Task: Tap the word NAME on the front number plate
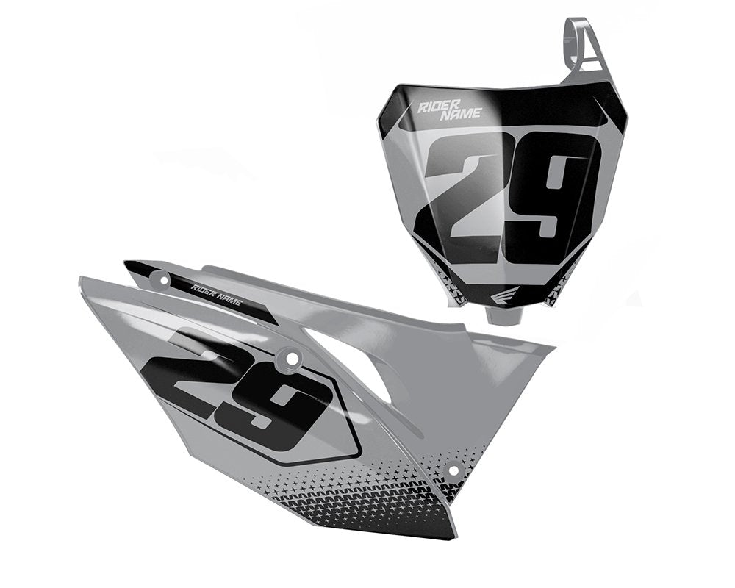click(x=461, y=114)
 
